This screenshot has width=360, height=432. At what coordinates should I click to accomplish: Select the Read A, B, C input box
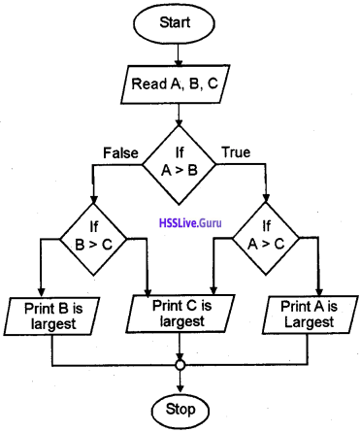180,84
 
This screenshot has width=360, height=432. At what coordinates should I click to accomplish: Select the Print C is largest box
180,313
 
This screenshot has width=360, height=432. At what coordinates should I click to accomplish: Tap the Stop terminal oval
180,408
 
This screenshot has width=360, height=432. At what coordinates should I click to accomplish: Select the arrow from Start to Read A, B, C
180,53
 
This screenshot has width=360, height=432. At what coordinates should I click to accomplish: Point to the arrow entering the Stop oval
180,383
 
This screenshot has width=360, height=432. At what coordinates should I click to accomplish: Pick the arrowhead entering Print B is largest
42,291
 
